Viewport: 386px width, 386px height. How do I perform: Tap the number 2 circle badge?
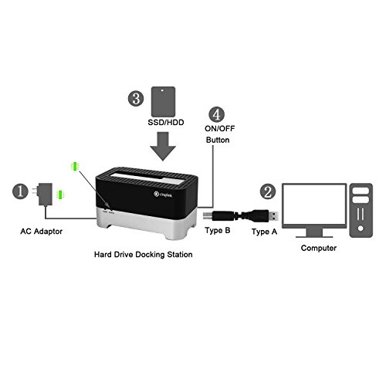tap(267, 190)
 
